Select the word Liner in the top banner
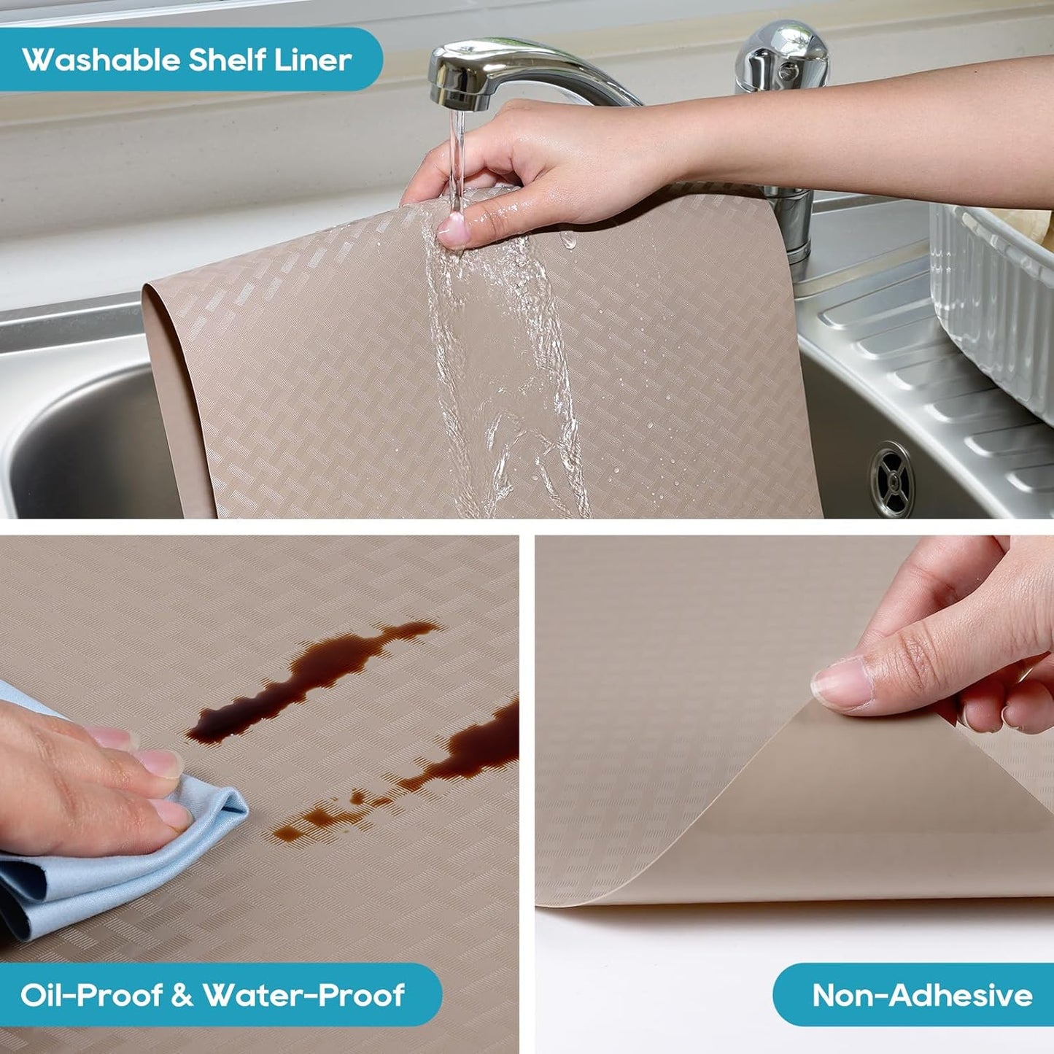313,60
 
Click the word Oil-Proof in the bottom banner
91,995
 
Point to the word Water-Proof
303,995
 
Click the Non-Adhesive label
922,995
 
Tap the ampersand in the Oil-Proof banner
182,996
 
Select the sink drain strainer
891,478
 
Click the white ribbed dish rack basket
996,306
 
